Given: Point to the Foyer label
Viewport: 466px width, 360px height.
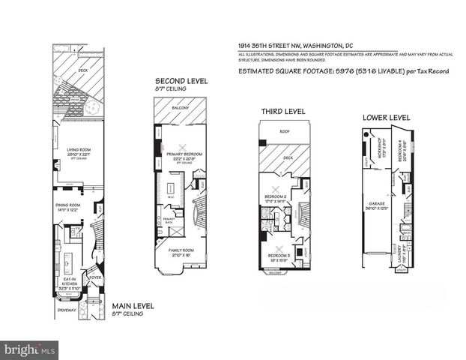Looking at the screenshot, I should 96,276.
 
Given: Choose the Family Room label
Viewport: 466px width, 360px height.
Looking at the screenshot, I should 181,250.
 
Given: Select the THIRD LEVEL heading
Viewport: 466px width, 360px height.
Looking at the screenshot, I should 282,112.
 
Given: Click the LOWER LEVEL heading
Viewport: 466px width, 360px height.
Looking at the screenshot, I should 386,118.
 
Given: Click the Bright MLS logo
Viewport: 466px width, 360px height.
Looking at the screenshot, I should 31,349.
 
